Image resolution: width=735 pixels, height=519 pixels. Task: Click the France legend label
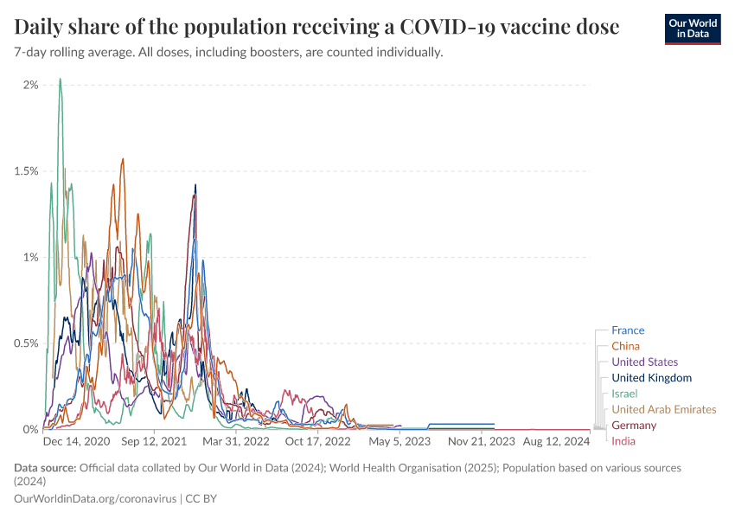point(627,330)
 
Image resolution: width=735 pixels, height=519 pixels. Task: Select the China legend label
point(625,346)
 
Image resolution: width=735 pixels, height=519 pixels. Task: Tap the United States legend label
point(644,362)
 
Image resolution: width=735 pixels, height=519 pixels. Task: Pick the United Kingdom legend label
point(651,378)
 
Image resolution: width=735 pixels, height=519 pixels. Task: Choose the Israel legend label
point(624,394)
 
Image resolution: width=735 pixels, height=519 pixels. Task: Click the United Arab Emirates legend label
point(663,409)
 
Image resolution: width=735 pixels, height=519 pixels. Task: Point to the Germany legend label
point(634,426)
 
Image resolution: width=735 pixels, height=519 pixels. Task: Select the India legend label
point(623,441)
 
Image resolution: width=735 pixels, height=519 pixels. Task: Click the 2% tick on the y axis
point(30,85)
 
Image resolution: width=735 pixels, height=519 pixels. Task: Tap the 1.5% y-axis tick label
point(25,171)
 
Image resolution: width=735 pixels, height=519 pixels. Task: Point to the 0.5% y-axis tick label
point(25,343)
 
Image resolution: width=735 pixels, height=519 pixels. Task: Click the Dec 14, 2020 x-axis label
point(76,441)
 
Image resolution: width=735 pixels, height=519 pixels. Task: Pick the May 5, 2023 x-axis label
point(399,441)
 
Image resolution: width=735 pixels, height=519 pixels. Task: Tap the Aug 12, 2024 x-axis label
point(556,441)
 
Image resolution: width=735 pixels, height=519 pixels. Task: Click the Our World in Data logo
point(693,29)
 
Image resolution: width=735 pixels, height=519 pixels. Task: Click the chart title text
point(316,27)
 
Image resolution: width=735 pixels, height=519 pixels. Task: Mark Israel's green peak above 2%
point(60,80)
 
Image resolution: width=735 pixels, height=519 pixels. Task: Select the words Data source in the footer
point(45,468)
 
